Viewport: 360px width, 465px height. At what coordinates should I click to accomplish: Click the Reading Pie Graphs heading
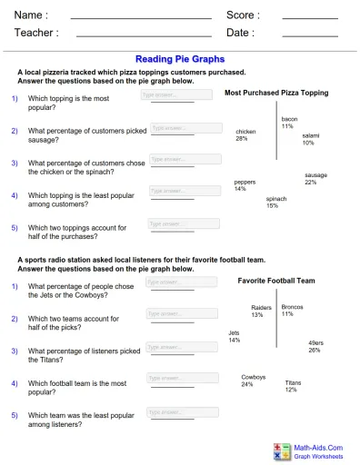pos(179,58)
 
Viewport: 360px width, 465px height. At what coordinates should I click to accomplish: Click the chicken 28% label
pos(243,135)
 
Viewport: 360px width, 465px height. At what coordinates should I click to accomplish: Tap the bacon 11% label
pos(288,123)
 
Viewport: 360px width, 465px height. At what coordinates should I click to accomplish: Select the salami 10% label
pos(310,139)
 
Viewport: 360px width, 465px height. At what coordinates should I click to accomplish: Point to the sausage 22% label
pos(315,178)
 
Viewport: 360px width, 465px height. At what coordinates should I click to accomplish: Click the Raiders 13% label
pos(260,311)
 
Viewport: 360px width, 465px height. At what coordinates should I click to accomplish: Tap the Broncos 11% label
pos(292,311)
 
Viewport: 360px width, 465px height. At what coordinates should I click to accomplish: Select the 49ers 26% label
pos(315,346)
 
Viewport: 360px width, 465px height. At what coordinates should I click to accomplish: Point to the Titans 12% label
pos(292,386)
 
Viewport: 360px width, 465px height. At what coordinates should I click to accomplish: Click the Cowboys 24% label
pos(254,381)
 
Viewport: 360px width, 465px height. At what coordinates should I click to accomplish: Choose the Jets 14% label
pos(235,336)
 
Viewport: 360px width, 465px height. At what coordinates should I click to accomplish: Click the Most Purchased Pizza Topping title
pos(276,93)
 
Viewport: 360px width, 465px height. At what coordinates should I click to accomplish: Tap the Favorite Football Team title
pos(276,282)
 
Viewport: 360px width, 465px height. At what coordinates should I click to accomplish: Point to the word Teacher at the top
pos(35,33)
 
